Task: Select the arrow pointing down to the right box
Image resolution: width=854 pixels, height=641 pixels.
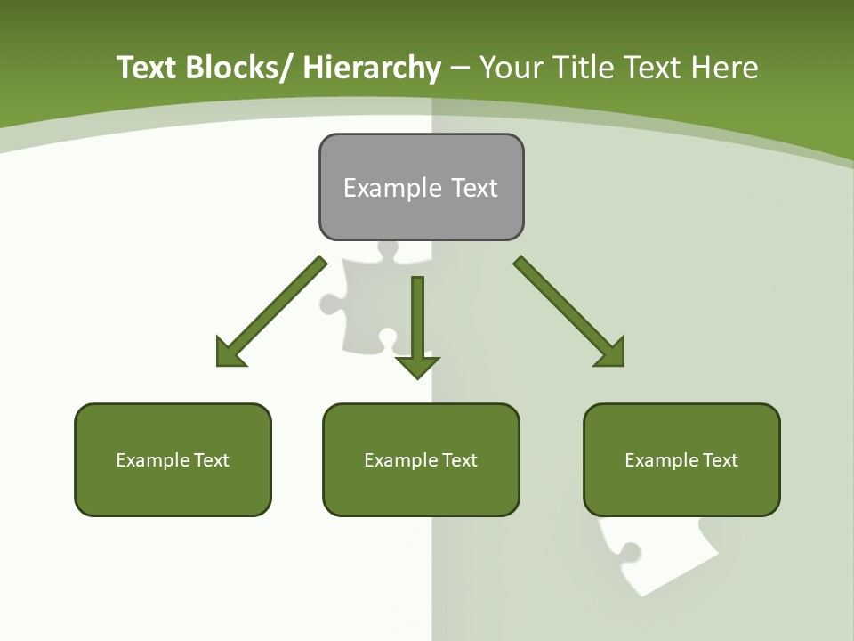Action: pos(569,312)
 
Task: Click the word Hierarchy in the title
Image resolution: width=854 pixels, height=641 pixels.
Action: pos(372,68)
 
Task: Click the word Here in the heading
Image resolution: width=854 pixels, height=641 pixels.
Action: pos(725,68)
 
